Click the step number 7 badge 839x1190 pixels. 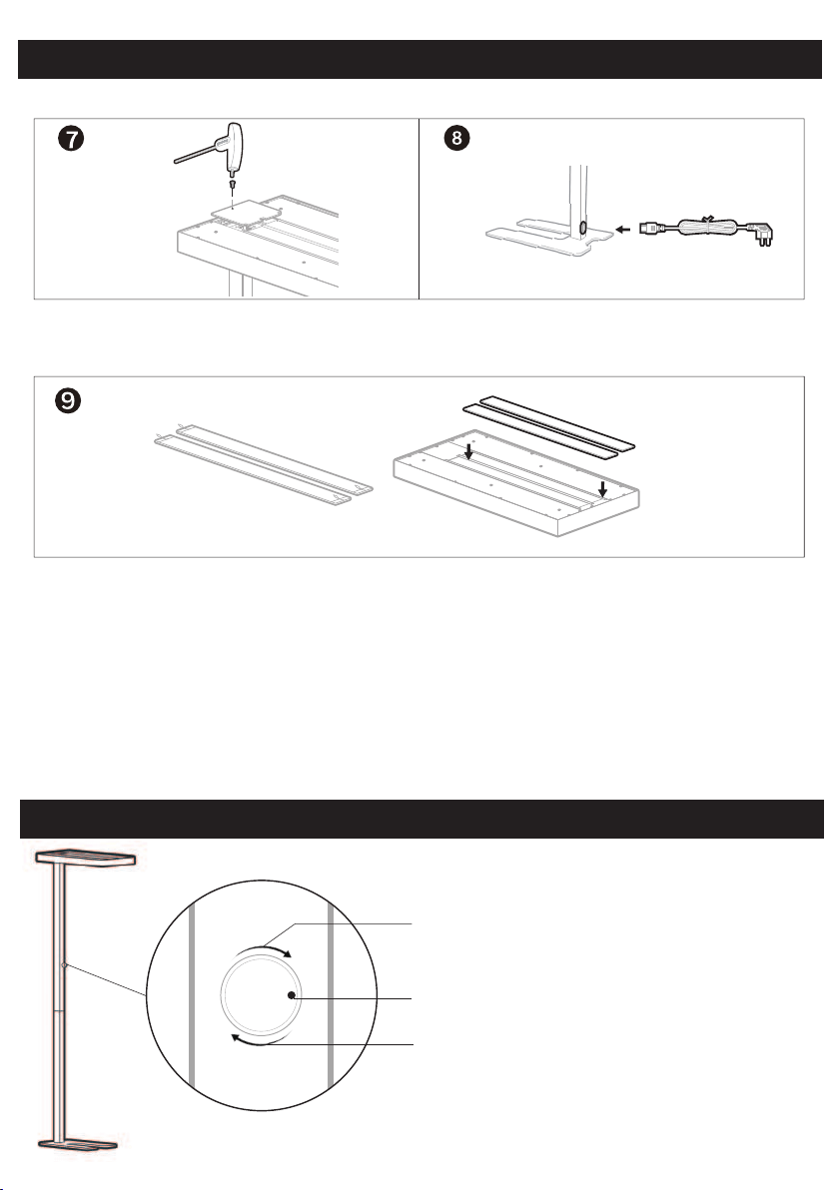pyautogui.click(x=71, y=139)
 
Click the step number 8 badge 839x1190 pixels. pyautogui.click(x=456, y=138)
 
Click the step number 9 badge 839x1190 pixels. pyautogui.click(x=68, y=400)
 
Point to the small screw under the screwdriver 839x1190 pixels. pyautogui.click(x=232, y=185)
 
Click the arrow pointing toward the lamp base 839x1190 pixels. pyautogui.click(x=622, y=229)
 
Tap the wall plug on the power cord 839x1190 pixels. pyautogui.click(x=761, y=234)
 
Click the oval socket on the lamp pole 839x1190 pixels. pyautogui.click(x=582, y=228)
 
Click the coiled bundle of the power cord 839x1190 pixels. pyautogui.click(x=707, y=227)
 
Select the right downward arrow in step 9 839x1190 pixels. pyautogui.click(x=602, y=488)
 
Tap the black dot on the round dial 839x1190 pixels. pyautogui.click(x=292, y=995)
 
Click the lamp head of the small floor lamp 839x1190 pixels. pyautogui.click(x=86, y=857)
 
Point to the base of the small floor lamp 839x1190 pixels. pyautogui.click(x=78, y=1144)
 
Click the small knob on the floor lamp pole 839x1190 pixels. pyautogui.click(x=65, y=965)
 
